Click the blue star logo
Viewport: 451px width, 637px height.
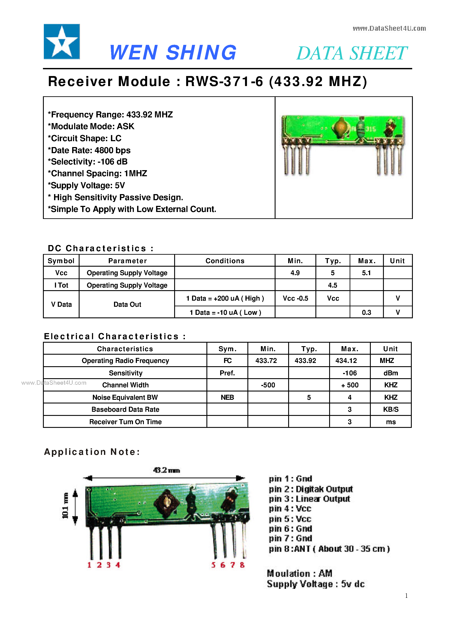click(62, 42)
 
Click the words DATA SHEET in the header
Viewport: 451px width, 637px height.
click(351, 53)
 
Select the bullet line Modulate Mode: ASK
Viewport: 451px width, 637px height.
click(91, 127)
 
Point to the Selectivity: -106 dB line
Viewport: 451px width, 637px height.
click(88, 162)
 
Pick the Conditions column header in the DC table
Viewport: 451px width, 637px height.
click(225, 261)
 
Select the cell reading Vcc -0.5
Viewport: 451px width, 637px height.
click(295, 299)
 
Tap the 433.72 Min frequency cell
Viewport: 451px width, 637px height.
click(266, 361)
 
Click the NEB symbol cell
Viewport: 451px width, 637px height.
click(227, 397)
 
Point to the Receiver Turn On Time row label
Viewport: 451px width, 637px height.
click(125, 422)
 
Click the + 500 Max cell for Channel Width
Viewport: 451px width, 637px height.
click(350, 385)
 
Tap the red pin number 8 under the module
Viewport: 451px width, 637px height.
click(242, 565)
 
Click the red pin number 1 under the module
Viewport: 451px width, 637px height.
click(89, 565)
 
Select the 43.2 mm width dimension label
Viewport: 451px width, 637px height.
click(166, 470)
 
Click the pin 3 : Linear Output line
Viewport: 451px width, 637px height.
click(309, 499)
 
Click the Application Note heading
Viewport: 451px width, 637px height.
click(92, 452)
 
